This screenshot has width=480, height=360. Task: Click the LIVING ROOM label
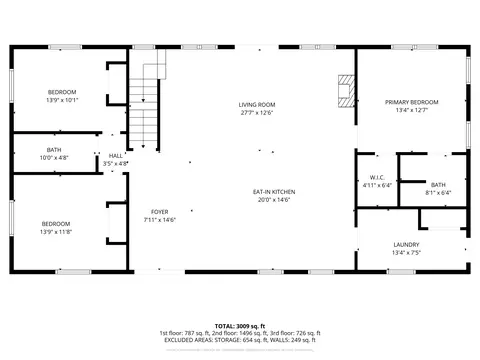(257, 105)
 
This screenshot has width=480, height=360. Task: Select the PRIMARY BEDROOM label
(412, 102)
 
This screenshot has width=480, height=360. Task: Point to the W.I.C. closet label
(364, 177)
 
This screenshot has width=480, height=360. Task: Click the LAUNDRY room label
(406, 244)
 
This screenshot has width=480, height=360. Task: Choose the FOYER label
(159, 211)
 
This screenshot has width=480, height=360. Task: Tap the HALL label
(116, 155)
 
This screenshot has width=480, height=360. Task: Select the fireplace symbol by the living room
(345, 90)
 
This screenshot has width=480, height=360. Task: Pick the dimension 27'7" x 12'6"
(257, 113)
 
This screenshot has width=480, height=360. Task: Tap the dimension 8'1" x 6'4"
(438, 193)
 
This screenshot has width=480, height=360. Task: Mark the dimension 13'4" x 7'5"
(406, 253)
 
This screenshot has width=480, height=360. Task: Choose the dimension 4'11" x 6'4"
(364, 185)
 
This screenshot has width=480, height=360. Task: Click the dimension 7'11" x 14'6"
(159, 220)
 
